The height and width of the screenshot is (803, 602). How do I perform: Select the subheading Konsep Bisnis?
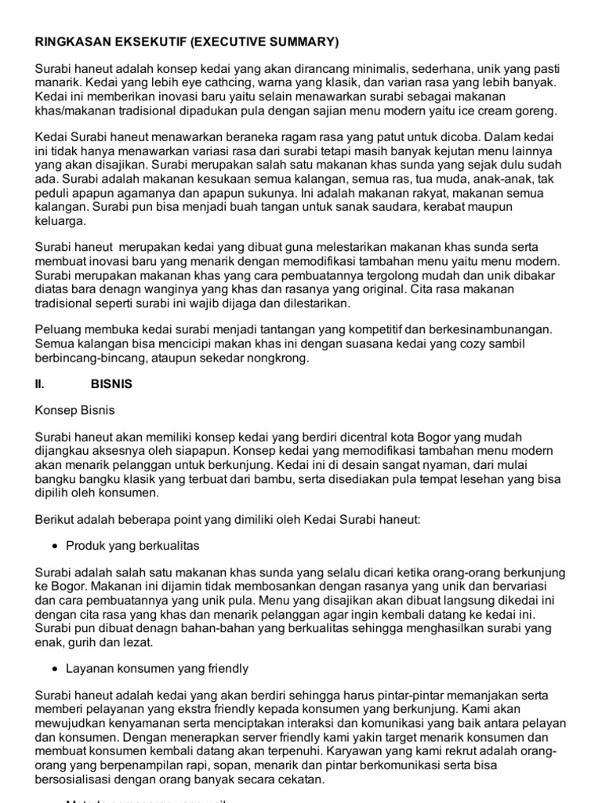(72, 409)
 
